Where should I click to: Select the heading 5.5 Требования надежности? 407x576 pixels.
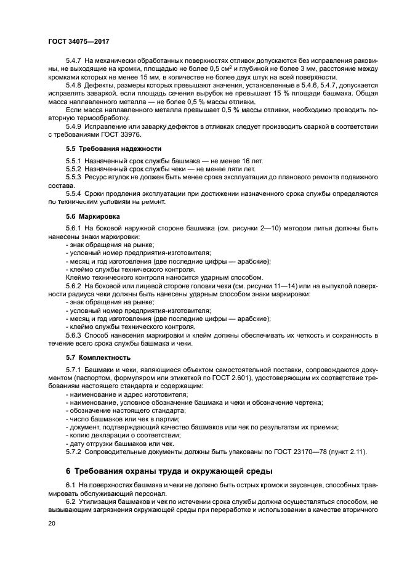point(105,148)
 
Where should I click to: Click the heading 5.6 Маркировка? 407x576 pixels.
point(92,216)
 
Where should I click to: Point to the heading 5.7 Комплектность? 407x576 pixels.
point(97,357)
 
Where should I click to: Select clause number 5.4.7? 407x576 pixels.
point(75,62)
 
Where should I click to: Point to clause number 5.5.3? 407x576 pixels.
point(75,176)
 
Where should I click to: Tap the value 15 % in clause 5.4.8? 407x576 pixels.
point(259,94)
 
